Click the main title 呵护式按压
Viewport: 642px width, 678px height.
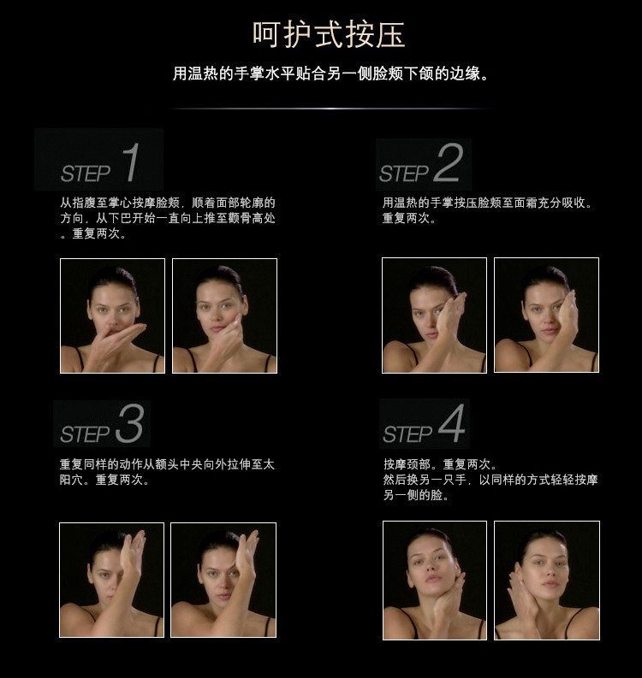click(329, 34)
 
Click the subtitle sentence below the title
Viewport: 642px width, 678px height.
click(331, 74)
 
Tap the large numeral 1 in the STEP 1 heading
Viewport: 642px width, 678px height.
click(131, 162)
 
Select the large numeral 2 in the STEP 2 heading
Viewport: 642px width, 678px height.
click(448, 162)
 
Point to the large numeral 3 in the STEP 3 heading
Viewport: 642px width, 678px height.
click(129, 423)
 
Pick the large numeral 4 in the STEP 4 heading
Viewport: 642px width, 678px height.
click(451, 423)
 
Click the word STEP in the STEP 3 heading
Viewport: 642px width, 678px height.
click(85, 434)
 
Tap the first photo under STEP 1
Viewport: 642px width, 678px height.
click(112, 315)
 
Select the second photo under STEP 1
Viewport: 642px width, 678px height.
click(224, 315)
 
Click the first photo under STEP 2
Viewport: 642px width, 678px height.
click(434, 315)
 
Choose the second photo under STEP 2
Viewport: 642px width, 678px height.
click(546, 315)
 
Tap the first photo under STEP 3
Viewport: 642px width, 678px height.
click(111, 580)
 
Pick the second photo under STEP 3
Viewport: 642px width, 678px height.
click(223, 580)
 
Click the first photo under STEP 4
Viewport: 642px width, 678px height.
click(435, 581)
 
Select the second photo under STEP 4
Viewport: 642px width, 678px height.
click(547, 581)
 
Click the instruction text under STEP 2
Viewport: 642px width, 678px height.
click(487, 210)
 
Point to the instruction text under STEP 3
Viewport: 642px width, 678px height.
click(167, 472)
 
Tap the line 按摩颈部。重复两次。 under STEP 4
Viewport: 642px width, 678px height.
click(440, 464)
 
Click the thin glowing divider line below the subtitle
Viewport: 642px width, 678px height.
click(331, 108)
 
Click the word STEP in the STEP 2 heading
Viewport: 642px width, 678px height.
click(404, 174)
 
